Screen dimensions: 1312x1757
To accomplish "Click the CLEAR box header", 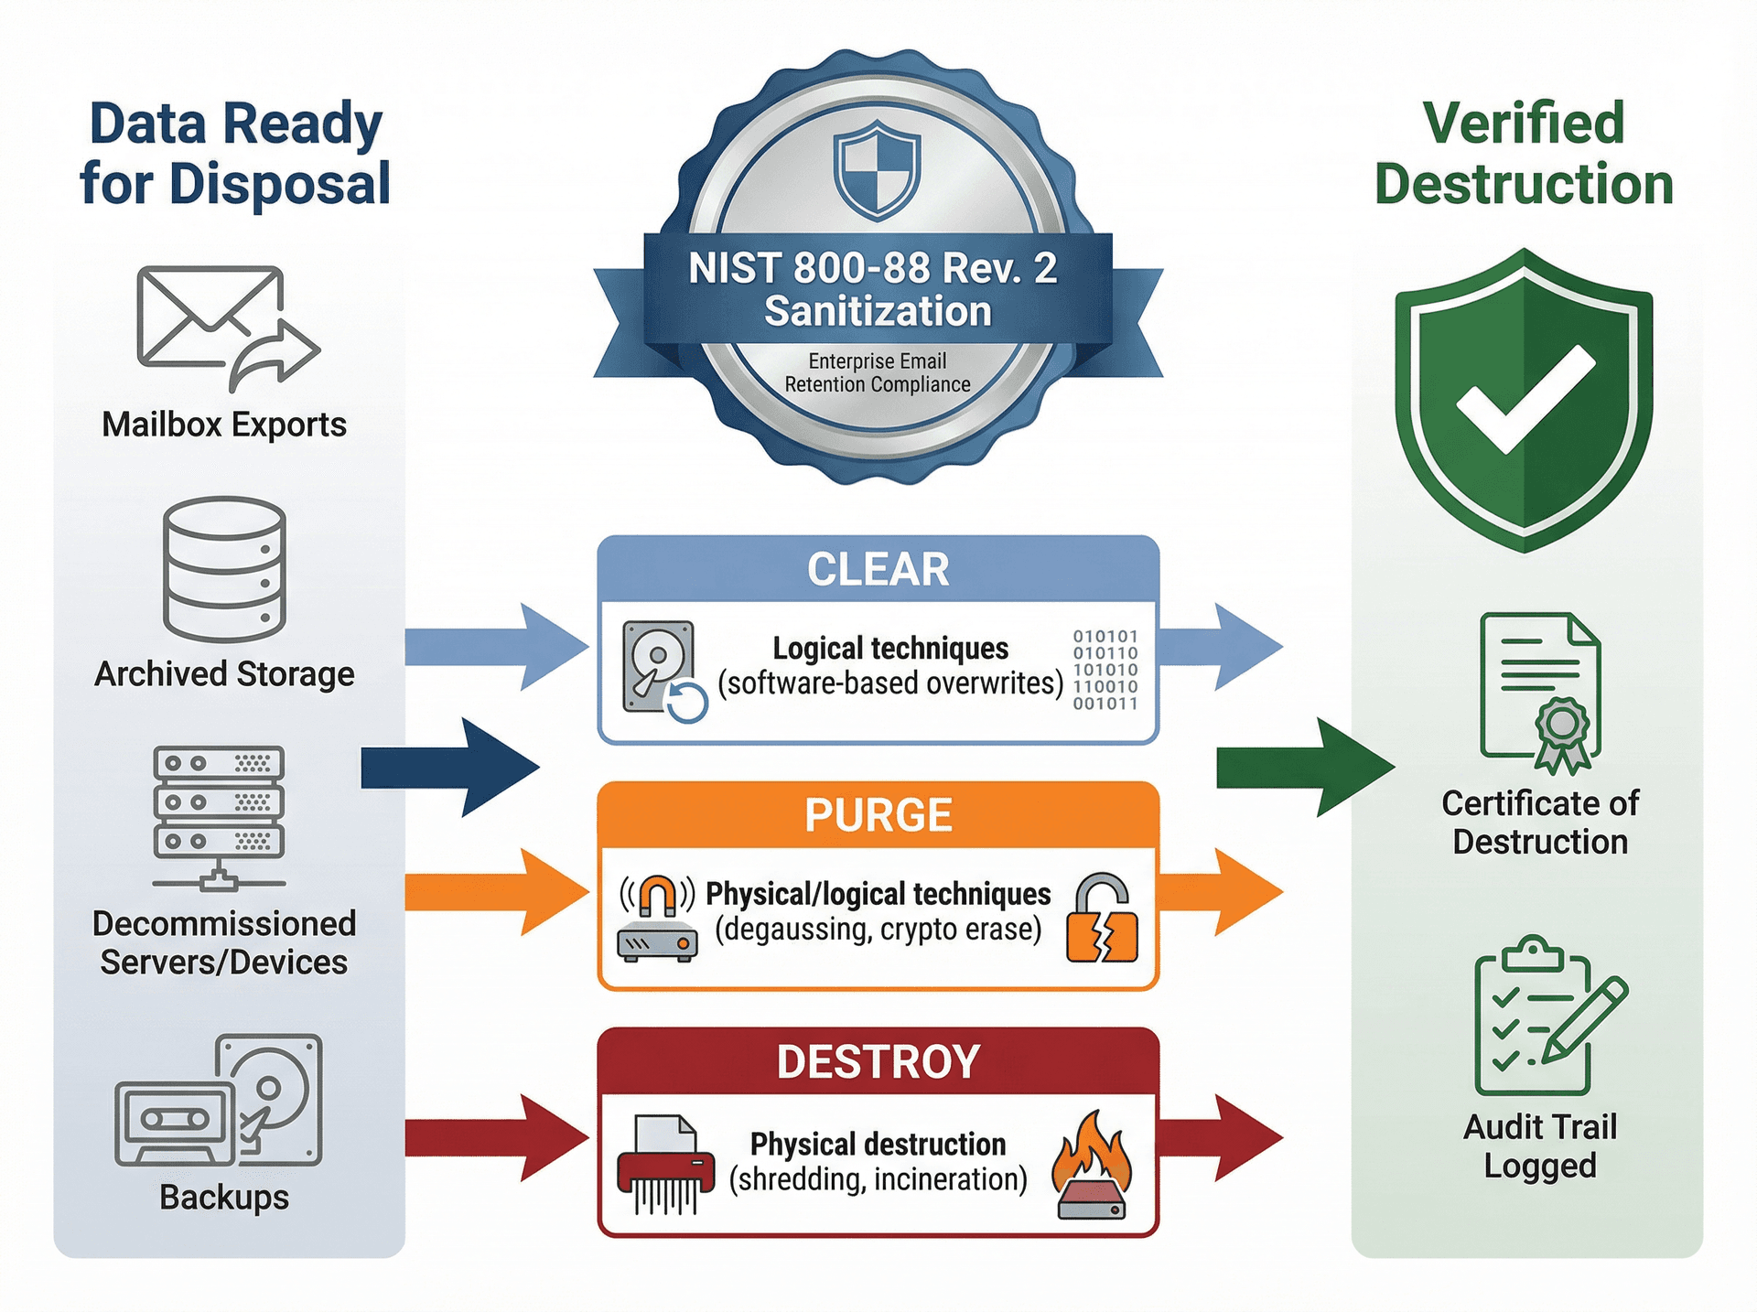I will click(x=878, y=569).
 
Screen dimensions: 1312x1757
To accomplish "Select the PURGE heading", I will click(x=878, y=815).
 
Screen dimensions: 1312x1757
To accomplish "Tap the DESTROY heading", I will click(x=878, y=1061).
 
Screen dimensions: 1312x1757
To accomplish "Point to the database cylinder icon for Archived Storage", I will click(x=224, y=569).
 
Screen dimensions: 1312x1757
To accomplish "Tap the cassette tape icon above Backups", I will click(x=174, y=1122).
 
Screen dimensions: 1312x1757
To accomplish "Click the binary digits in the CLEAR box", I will click(x=1105, y=670).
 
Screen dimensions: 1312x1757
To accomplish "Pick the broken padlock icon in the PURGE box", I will click(x=1102, y=919).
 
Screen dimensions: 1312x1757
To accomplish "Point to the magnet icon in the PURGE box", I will click(x=657, y=896).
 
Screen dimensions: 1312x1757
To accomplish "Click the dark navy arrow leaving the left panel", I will click(x=449, y=767).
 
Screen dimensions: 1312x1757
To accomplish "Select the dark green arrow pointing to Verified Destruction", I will click(x=1304, y=767).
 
